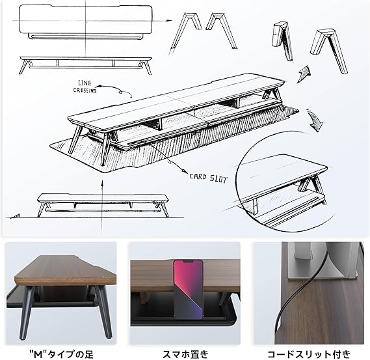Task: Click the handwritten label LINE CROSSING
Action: click(x=85, y=87)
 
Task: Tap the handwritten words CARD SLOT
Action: click(x=208, y=178)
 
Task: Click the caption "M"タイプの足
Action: click(x=61, y=354)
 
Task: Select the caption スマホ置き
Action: click(x=185, y=354)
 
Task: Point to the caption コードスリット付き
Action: click(x=309, y=354)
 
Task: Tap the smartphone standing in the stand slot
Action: click(x=189, y=290)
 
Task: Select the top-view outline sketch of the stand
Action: click(x=85, y=21)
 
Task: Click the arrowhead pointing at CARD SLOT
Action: click(x=183, y=171)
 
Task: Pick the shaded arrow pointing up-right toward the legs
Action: click(x=304, y=74)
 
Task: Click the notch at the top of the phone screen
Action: click(x=188, y=262)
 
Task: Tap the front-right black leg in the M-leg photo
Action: click(x=105, y=312)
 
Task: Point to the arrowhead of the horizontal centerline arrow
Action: click(x=170, y=21)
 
